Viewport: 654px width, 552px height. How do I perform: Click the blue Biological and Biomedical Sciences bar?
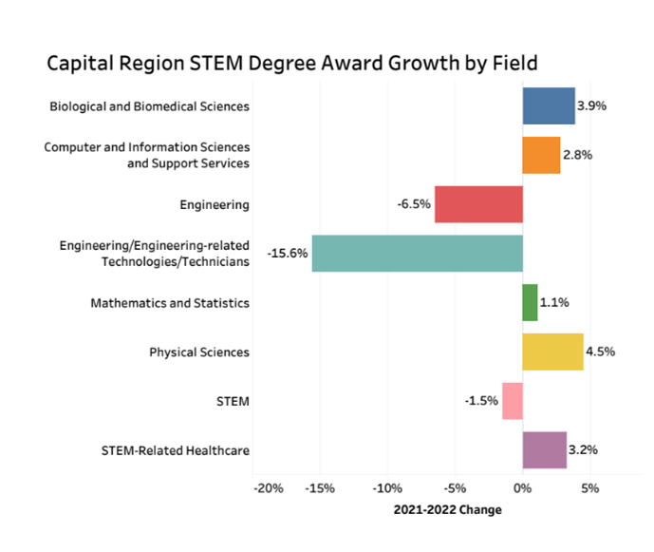548,105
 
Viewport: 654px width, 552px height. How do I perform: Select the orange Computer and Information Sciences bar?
541,155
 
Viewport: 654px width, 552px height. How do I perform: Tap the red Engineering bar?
478,204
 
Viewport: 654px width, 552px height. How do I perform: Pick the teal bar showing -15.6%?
417,254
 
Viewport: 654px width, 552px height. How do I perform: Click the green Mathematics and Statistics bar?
530,302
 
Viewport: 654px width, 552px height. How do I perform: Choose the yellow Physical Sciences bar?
552,352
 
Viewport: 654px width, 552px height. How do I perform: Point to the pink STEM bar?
513,401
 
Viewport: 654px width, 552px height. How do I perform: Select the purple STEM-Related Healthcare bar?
544,449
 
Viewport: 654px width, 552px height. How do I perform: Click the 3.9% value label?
593,105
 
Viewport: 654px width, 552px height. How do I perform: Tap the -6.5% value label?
415,204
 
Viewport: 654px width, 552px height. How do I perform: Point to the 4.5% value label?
601,352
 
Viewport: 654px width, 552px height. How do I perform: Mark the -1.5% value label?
481,401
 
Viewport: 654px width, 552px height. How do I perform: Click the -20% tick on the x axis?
269,488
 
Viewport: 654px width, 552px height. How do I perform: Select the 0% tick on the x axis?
522,488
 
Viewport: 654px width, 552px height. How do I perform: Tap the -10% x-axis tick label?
386,488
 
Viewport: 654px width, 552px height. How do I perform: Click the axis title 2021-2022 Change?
447,510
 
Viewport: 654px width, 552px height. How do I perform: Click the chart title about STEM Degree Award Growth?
292,64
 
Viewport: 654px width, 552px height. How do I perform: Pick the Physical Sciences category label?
199,352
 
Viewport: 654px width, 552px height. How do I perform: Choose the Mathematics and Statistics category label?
170,303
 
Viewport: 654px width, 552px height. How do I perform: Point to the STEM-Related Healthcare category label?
176,450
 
